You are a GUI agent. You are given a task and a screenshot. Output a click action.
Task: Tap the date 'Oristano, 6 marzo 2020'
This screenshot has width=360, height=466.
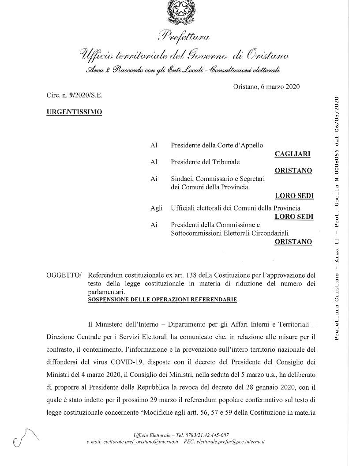coord(266,86)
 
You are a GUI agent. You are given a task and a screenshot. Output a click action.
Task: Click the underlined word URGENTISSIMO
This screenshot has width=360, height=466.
coord(74,112)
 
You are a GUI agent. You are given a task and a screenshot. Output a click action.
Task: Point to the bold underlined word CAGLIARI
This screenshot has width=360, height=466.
coord(292,154)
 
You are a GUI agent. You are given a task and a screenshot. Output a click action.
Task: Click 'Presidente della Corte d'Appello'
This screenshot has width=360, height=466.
coord(217,145)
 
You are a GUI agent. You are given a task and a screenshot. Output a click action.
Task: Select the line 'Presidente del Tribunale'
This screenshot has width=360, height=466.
coord(205,162)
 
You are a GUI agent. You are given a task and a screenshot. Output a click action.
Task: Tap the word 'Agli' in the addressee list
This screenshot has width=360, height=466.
coord(156,208)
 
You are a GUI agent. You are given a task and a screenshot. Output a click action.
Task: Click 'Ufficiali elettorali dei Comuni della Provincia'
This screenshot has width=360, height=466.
coord(236,208)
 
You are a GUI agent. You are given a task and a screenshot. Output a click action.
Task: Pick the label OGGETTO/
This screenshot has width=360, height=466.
coord(64,275)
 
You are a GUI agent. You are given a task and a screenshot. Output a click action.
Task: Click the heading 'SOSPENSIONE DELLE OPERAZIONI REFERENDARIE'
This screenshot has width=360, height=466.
coord(162,300)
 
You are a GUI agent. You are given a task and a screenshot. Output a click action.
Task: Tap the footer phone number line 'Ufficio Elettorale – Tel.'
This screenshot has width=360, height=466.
coord(181,435)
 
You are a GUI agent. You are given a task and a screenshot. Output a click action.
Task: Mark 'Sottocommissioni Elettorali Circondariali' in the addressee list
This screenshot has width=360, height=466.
coord(229,233)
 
